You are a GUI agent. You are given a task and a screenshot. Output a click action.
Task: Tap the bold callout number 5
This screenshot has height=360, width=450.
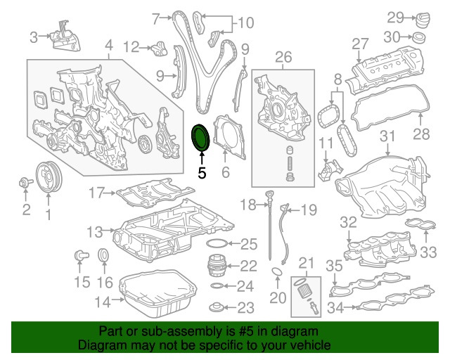pos(202,172)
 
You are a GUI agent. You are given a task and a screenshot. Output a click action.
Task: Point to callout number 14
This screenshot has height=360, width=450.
pos(103,302)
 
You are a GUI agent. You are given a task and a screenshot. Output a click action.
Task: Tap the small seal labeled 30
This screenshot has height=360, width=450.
pos(420,37)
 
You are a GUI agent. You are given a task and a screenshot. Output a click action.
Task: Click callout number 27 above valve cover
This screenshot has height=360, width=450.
pos(361,44)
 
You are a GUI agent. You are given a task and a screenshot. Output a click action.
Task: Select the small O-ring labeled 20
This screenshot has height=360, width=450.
pos(278,272)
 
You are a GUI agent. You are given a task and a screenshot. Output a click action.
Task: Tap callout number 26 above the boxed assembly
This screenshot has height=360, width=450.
pos(283,56)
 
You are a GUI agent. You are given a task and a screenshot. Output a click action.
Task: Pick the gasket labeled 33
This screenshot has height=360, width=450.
pos(416,226)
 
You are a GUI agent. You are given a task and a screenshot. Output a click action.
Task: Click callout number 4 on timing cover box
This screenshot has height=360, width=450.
pos(108,47)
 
